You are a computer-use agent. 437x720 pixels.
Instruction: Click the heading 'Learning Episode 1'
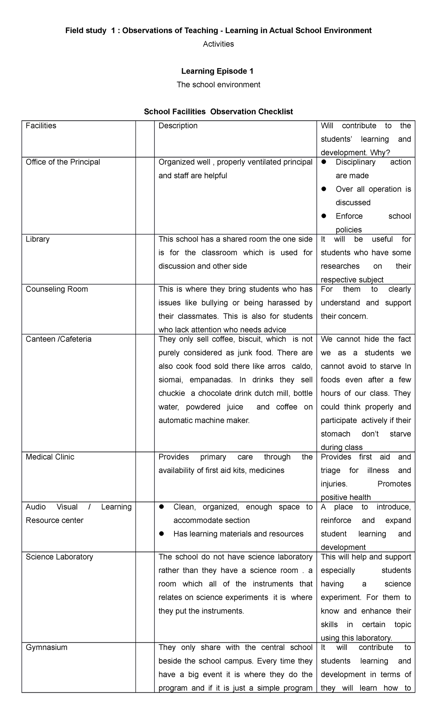click(x=218, y=71)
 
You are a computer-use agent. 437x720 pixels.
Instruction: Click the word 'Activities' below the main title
click(x=218, y=44)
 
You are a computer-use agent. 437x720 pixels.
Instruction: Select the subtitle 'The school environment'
click(x=218, y=85)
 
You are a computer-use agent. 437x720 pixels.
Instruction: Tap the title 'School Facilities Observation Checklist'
click(x=218, y=112)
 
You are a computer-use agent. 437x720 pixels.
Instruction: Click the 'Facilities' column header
click(x=41, y=126)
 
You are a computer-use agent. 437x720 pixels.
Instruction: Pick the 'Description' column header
click(x=178, y=126)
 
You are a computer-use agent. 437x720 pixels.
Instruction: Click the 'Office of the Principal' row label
click(x=63, y=162)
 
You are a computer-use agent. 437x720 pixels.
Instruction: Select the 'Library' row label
click(x=38, y=239)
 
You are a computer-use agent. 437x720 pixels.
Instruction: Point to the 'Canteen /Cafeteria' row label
click(x=58, y=339)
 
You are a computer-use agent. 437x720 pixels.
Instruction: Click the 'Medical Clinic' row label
click(x=50, y=457)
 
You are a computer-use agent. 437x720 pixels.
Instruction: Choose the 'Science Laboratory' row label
click(x=59, y=557)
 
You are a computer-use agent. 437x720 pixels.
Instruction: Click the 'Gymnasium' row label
click(x=46, y=647)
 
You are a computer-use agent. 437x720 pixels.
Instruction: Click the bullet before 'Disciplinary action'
click(x=324, y=162)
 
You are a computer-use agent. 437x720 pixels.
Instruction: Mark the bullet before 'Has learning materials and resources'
click(x=162, y=534)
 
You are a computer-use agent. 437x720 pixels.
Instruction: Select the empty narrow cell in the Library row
click(x=145, y=259)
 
